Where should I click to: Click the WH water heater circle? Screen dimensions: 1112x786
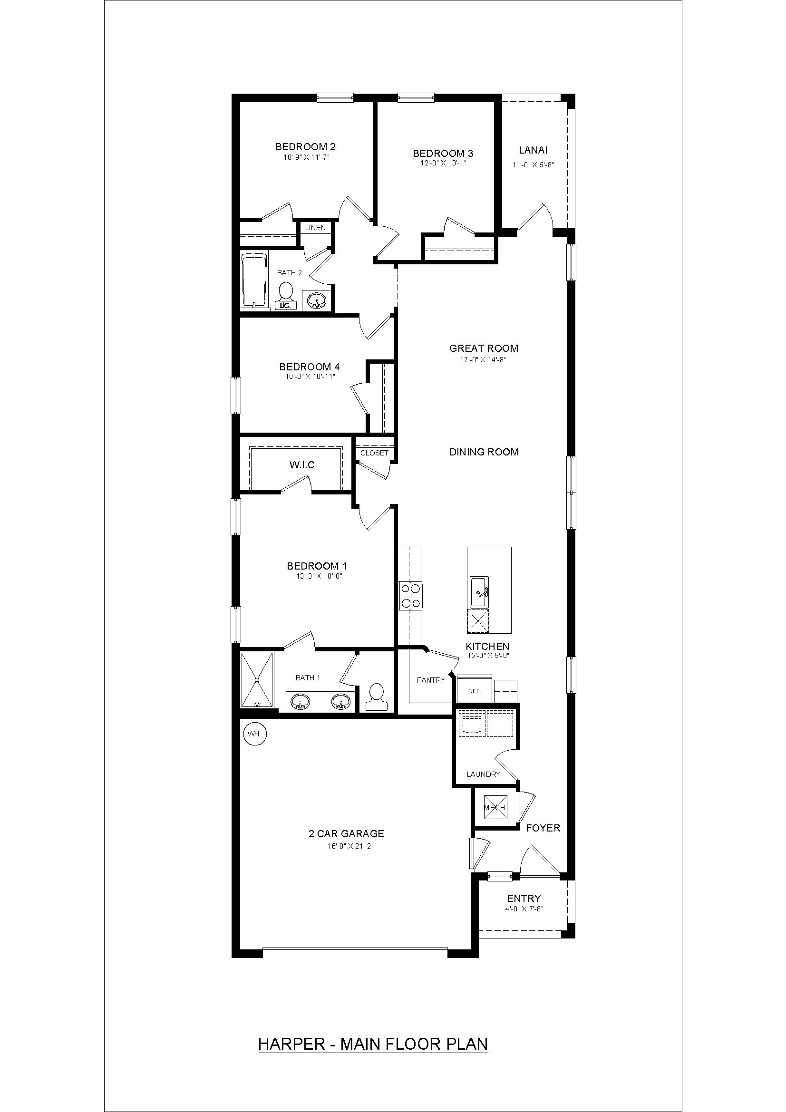253,734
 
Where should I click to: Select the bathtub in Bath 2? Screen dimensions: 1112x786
254,281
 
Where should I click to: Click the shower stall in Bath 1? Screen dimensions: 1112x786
257,680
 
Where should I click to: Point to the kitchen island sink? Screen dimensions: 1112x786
478,592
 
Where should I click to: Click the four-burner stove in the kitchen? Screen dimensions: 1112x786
410,596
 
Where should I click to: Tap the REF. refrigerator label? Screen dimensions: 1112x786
474,691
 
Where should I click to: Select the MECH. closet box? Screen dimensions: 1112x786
495,807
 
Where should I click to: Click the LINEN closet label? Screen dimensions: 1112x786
315,228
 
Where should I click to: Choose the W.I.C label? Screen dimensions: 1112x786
302,465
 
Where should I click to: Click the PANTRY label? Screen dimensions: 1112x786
430,680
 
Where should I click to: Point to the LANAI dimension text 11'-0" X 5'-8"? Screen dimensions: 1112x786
533,164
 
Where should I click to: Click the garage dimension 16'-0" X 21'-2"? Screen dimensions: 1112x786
346,846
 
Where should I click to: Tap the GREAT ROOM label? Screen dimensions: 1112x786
483,348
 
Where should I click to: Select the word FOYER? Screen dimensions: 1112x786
543,828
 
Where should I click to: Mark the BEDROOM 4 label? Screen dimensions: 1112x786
306,367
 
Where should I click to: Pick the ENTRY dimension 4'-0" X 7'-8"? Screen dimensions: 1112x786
524,909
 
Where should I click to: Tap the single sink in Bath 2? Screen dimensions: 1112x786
316,300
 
